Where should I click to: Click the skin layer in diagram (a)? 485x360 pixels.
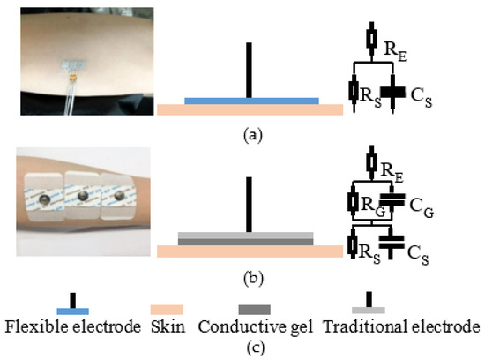click(250, 110)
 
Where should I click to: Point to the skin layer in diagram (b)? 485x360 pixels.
click(250, 251)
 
